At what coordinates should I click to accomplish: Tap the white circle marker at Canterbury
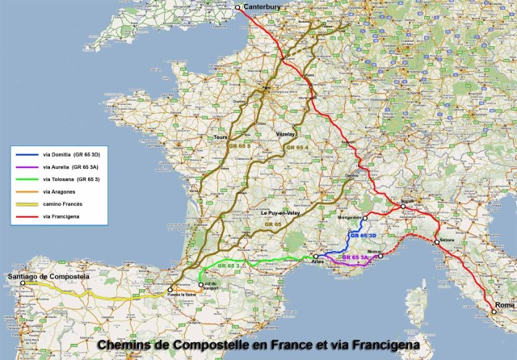[238, 8]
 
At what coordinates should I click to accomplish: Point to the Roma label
[503, 305]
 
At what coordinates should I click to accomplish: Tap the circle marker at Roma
[494, 312]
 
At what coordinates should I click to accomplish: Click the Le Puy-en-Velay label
[280, 212]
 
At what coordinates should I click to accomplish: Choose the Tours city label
[217, 137]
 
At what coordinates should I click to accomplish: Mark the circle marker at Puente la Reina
[170, 287]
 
